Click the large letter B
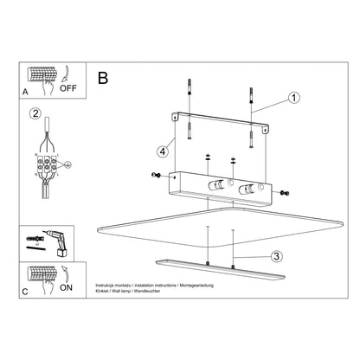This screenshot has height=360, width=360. tap(104, 79)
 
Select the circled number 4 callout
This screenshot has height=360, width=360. tap(161, 152)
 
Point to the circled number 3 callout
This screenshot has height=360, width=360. tap(275, 255)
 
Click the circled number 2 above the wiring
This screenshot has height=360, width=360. tap(35, 113)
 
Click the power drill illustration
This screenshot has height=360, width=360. tap(57, 241)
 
